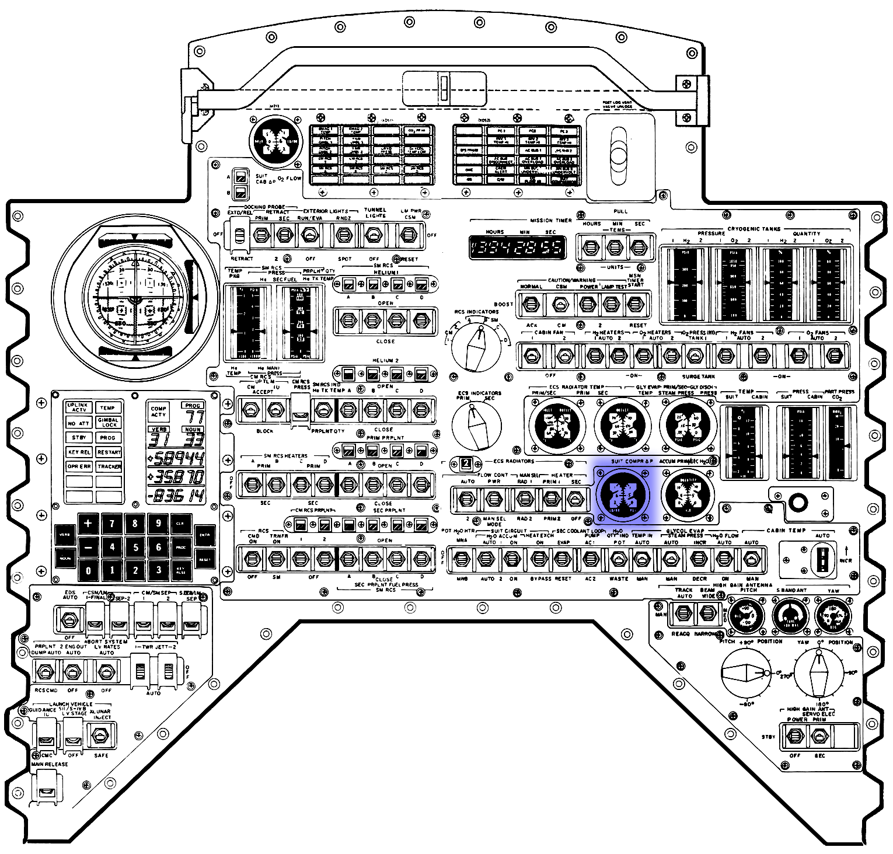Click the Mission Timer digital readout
(x=517, y=248)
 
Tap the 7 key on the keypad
(x=111, y=524)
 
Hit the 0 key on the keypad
(x=88, y=570)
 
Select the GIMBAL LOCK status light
(x=109, y=423)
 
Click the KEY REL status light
(x=79, y=452)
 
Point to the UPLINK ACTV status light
(x=78, y=407)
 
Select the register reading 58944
(x=177, y=458)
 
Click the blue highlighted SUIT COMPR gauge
(x=624, y=494)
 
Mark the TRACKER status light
(x=109, y=466)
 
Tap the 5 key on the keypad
(x=135, y=547)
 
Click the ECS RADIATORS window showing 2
(x=466, y=463)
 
